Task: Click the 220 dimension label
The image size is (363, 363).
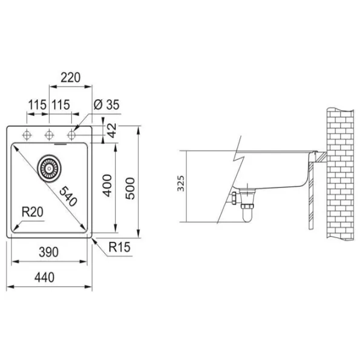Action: [x=71, y=77]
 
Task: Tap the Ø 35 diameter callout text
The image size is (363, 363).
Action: [x=106, y=105]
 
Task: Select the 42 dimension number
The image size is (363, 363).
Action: [x=112, y=131]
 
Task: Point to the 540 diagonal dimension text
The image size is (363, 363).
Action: [x=68, y=196]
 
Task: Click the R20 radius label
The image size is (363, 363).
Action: [x=33, y=212]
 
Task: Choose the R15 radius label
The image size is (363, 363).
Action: [x=119, y=247]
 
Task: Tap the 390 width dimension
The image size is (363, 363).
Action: [x=48, y=252]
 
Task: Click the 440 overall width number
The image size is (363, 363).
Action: [x=44, y=277]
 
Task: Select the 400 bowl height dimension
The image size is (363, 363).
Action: [x=107, y=186]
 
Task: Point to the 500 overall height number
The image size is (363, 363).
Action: [x=130, y=188]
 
